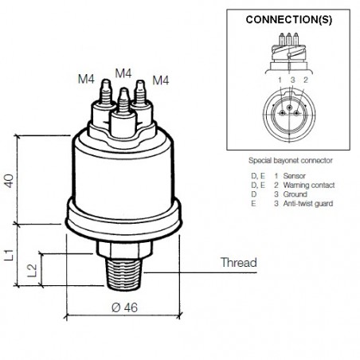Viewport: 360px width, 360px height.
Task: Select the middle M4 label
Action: click(x=123, y=72)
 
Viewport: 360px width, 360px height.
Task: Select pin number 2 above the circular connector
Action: click(x=305, y=80)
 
